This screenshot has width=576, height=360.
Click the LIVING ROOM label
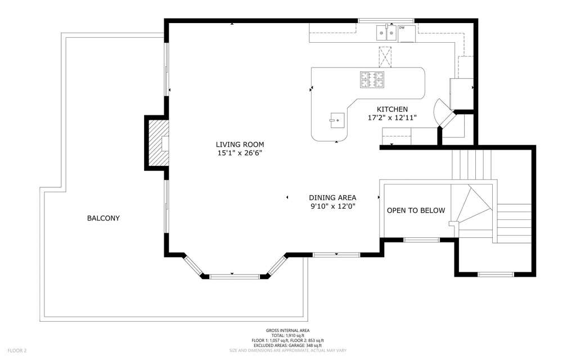(240, 145)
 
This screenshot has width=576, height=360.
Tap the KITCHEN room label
(392, 109)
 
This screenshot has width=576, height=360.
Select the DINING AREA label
(332, 198)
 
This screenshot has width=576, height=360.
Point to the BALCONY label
(103, 218)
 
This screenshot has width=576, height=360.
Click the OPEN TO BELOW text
(416, 210)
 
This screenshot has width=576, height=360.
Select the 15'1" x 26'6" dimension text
(240, 153)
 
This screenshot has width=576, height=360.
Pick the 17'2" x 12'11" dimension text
(392, 118)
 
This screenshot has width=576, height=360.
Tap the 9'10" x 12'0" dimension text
(332, 206)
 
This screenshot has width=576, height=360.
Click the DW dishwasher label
(402, 28)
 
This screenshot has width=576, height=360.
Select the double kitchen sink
(386, 33)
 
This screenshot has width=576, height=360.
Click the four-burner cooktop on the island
(372, 80)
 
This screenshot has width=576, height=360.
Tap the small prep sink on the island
(337, 120)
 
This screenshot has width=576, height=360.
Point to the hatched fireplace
(159, 143)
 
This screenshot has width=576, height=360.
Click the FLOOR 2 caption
(17, 351)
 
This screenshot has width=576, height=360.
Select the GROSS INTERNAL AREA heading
(287, 331)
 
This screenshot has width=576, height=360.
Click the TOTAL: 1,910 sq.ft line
(287, 336)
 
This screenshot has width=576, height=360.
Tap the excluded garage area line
(287, 346)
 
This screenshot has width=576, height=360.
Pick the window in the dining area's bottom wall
(336, 254)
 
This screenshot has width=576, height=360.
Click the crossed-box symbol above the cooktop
(385, 57)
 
